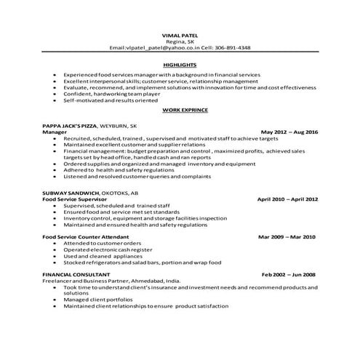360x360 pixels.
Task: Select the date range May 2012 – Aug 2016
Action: (289, 132)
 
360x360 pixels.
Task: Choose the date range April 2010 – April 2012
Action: (287, 198)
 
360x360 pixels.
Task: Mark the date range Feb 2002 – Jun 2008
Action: (289, 275)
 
